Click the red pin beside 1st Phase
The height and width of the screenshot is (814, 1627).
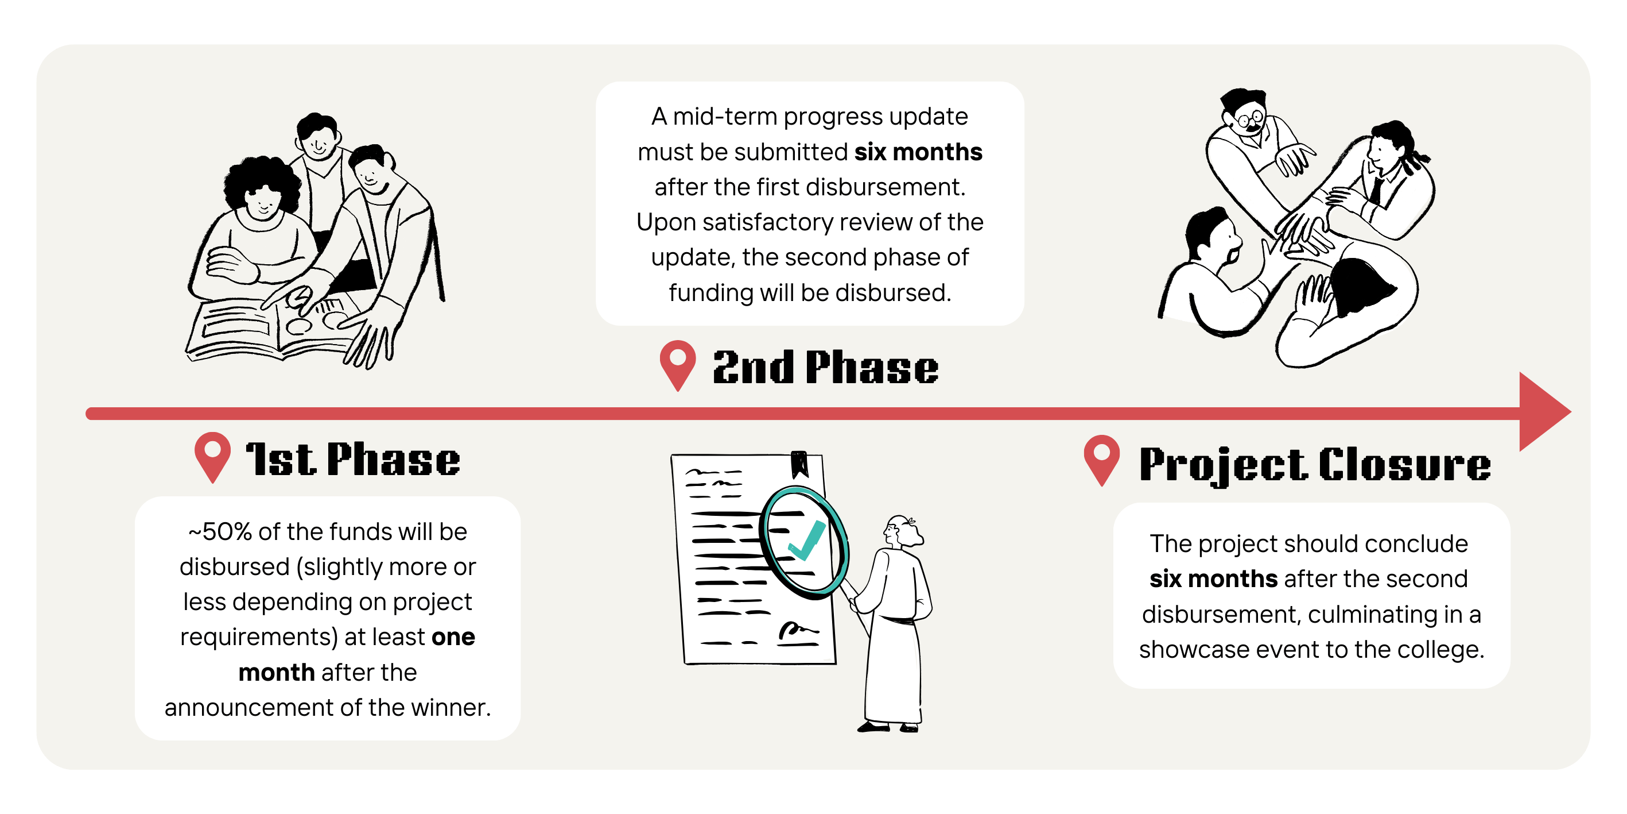(212, 457)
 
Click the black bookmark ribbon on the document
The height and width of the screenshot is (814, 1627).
(799, 463)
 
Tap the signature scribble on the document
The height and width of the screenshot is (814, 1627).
(798, 631)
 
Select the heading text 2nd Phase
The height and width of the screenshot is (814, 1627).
(825, 367)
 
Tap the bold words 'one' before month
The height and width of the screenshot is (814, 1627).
(453, 637)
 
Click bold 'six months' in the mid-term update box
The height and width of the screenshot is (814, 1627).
(918, 152)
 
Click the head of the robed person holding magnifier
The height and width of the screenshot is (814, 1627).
(900, 531)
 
